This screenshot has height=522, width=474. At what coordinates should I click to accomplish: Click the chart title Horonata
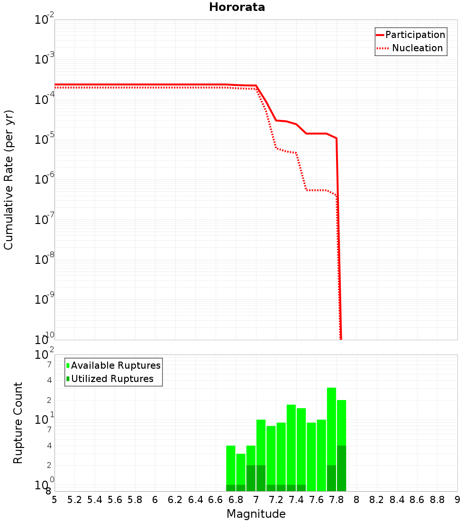pos(237,7)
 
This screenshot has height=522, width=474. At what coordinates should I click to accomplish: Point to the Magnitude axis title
pos(256,514)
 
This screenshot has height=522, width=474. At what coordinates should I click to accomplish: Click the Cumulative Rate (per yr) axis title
pos(9,179)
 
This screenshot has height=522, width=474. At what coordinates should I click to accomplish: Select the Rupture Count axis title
pos(18,422)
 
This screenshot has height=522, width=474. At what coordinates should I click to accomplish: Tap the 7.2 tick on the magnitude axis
pos(276,500)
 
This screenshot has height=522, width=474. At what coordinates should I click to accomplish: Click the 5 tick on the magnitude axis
pos(55,500)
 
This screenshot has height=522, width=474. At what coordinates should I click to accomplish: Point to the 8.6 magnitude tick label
pos(417,500)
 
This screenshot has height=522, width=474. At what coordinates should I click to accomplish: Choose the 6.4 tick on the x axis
pos(195,500)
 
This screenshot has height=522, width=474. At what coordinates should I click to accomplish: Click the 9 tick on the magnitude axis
pos(457,500)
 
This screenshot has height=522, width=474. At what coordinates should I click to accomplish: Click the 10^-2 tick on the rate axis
pos(45,19)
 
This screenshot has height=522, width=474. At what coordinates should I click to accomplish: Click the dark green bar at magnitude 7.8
pos(341,468)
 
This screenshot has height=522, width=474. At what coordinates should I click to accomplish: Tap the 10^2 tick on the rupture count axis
pos(45,355)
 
